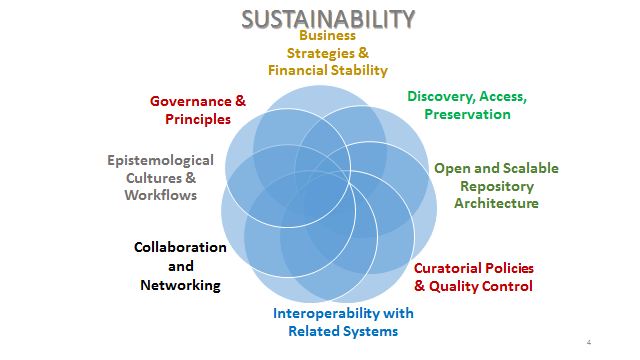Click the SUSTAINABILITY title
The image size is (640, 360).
point(328,19)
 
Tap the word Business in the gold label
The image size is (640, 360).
point(327,36)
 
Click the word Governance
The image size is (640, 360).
point(191,101)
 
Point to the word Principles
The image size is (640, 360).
point(198,119)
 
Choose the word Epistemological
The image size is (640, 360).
point(160,160)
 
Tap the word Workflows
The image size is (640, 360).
point(161,195)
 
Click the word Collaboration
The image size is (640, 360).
point(180,247)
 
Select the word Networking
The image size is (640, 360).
point(180,285)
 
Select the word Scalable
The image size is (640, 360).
point(531,168)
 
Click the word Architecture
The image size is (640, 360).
point(496,203)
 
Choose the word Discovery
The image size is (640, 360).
point(441,97)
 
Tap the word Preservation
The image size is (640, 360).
point(467,114)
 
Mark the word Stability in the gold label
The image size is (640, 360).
point(359,71)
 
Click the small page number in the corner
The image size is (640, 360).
point(589,342)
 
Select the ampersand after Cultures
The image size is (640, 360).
point(191,178)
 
